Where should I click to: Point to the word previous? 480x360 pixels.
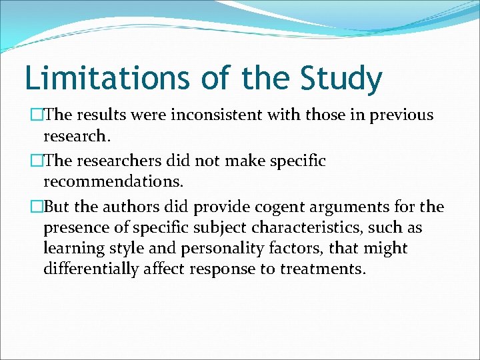coord(398,116)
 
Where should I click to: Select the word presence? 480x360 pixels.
coord(77,229)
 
